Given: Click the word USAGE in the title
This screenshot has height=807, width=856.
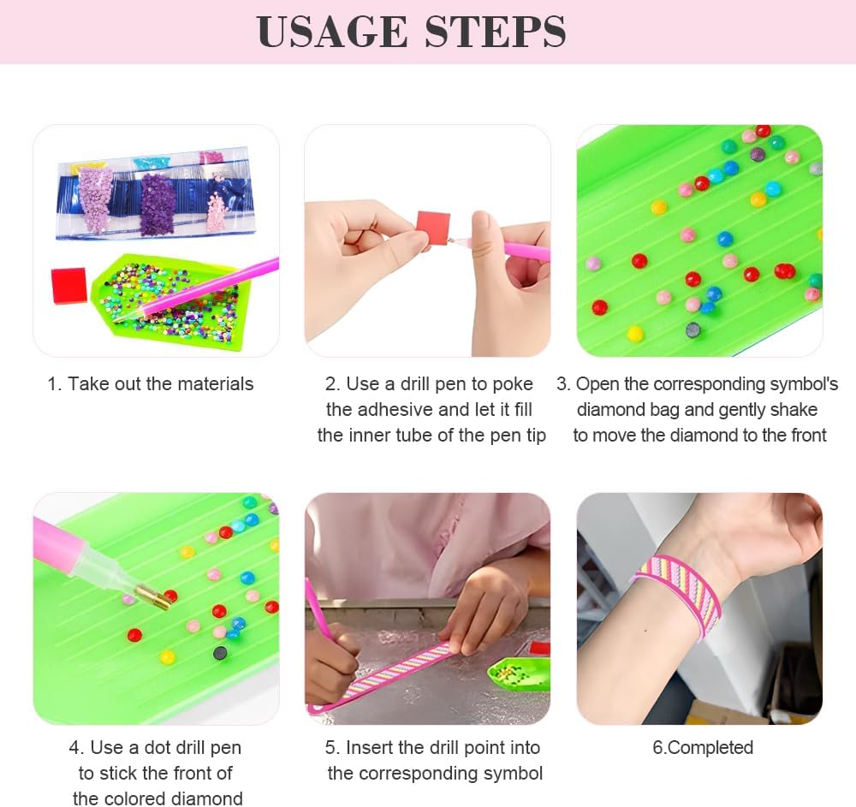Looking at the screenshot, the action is (x=332, y=32).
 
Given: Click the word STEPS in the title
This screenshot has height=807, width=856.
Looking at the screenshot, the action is (x=495, y=32).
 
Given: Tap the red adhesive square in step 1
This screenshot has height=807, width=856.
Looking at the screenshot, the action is (x=69, y=286).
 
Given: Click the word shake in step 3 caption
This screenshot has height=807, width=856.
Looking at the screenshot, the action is (x=794, y=410).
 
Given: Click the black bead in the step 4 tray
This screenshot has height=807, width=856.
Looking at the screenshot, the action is (x=220, y=653).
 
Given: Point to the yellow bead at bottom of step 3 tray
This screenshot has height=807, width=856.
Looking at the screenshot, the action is (x=635, y=333).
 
